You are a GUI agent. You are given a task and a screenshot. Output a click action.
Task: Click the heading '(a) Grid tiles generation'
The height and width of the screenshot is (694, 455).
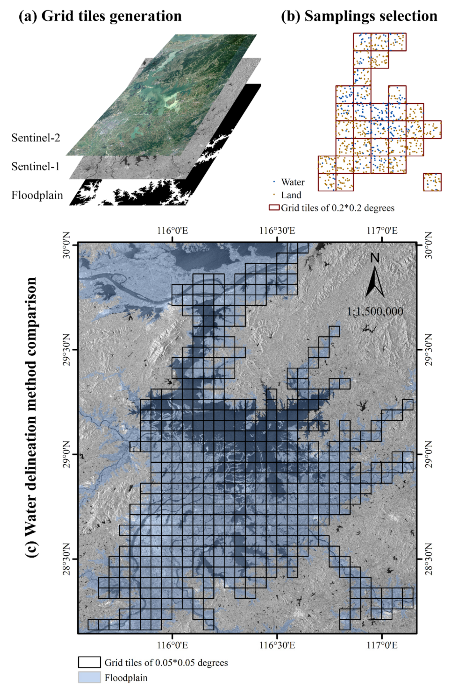pos(100,16)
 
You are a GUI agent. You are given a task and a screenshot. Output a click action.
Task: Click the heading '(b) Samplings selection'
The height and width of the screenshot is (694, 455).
pos(359,16)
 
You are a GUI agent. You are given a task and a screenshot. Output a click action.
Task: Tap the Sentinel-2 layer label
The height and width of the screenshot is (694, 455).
pos(36,138)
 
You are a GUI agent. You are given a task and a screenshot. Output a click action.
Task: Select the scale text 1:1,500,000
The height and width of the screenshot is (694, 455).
pos(375,311)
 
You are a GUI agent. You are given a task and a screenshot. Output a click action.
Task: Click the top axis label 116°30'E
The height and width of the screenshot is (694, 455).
pos(277,231)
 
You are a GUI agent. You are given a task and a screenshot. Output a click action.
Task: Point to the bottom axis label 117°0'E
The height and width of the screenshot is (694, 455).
pos(382,645)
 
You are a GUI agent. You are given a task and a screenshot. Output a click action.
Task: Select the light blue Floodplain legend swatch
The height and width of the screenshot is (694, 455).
pos(89,677)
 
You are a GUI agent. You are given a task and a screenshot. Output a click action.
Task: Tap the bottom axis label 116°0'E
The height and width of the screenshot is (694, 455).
pos(173,645)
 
